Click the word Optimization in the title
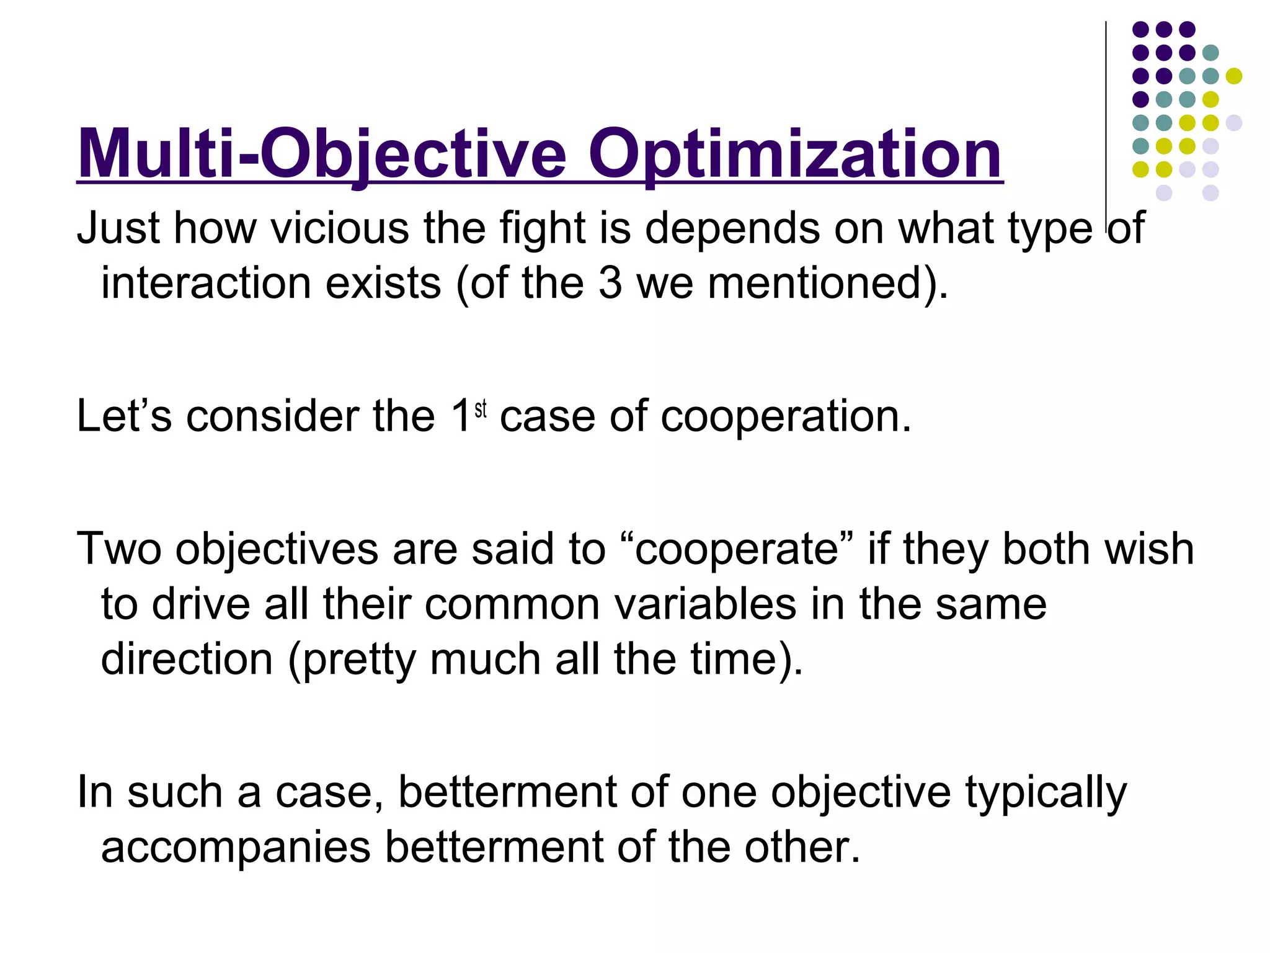795,154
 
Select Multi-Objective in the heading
322,154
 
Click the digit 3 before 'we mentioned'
610,283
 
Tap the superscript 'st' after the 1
481,409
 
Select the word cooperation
786,416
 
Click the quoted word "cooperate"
736,549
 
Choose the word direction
187,659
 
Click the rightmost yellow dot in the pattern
1234,76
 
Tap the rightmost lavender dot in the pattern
1234,123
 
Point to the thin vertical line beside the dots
1106,124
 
